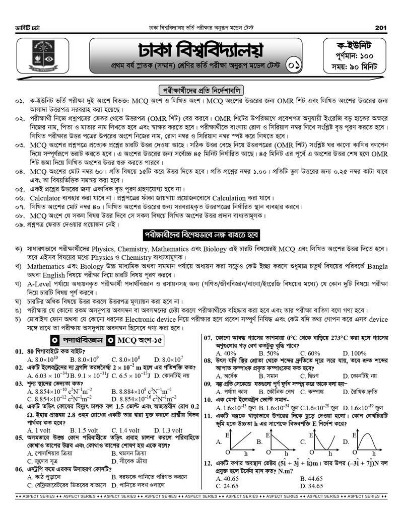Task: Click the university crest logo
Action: click(x=43, y=57)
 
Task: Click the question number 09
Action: click(x=208, y=384)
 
